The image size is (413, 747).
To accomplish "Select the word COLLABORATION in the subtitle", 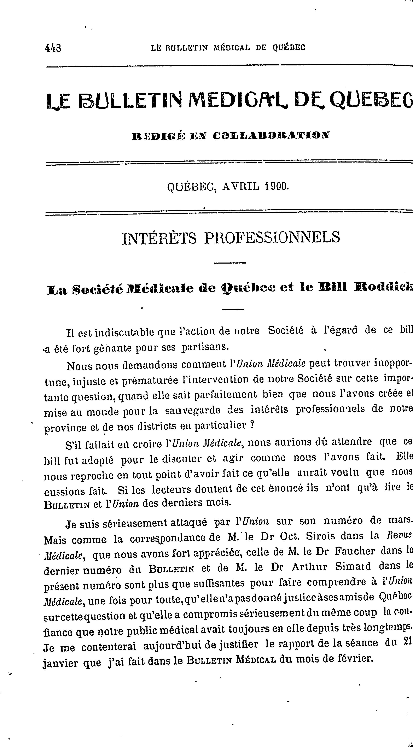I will [x=271, y=135].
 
